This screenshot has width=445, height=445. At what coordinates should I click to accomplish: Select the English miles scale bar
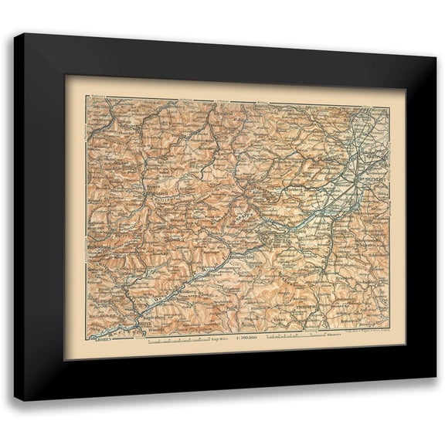click(178, 338)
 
